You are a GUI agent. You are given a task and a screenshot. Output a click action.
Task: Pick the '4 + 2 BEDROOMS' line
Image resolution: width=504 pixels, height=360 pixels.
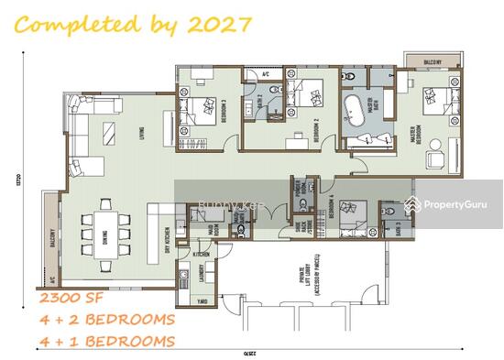pos(106,320)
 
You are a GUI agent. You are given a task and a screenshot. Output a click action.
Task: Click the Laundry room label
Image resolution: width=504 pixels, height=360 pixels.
pos(199,275)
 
